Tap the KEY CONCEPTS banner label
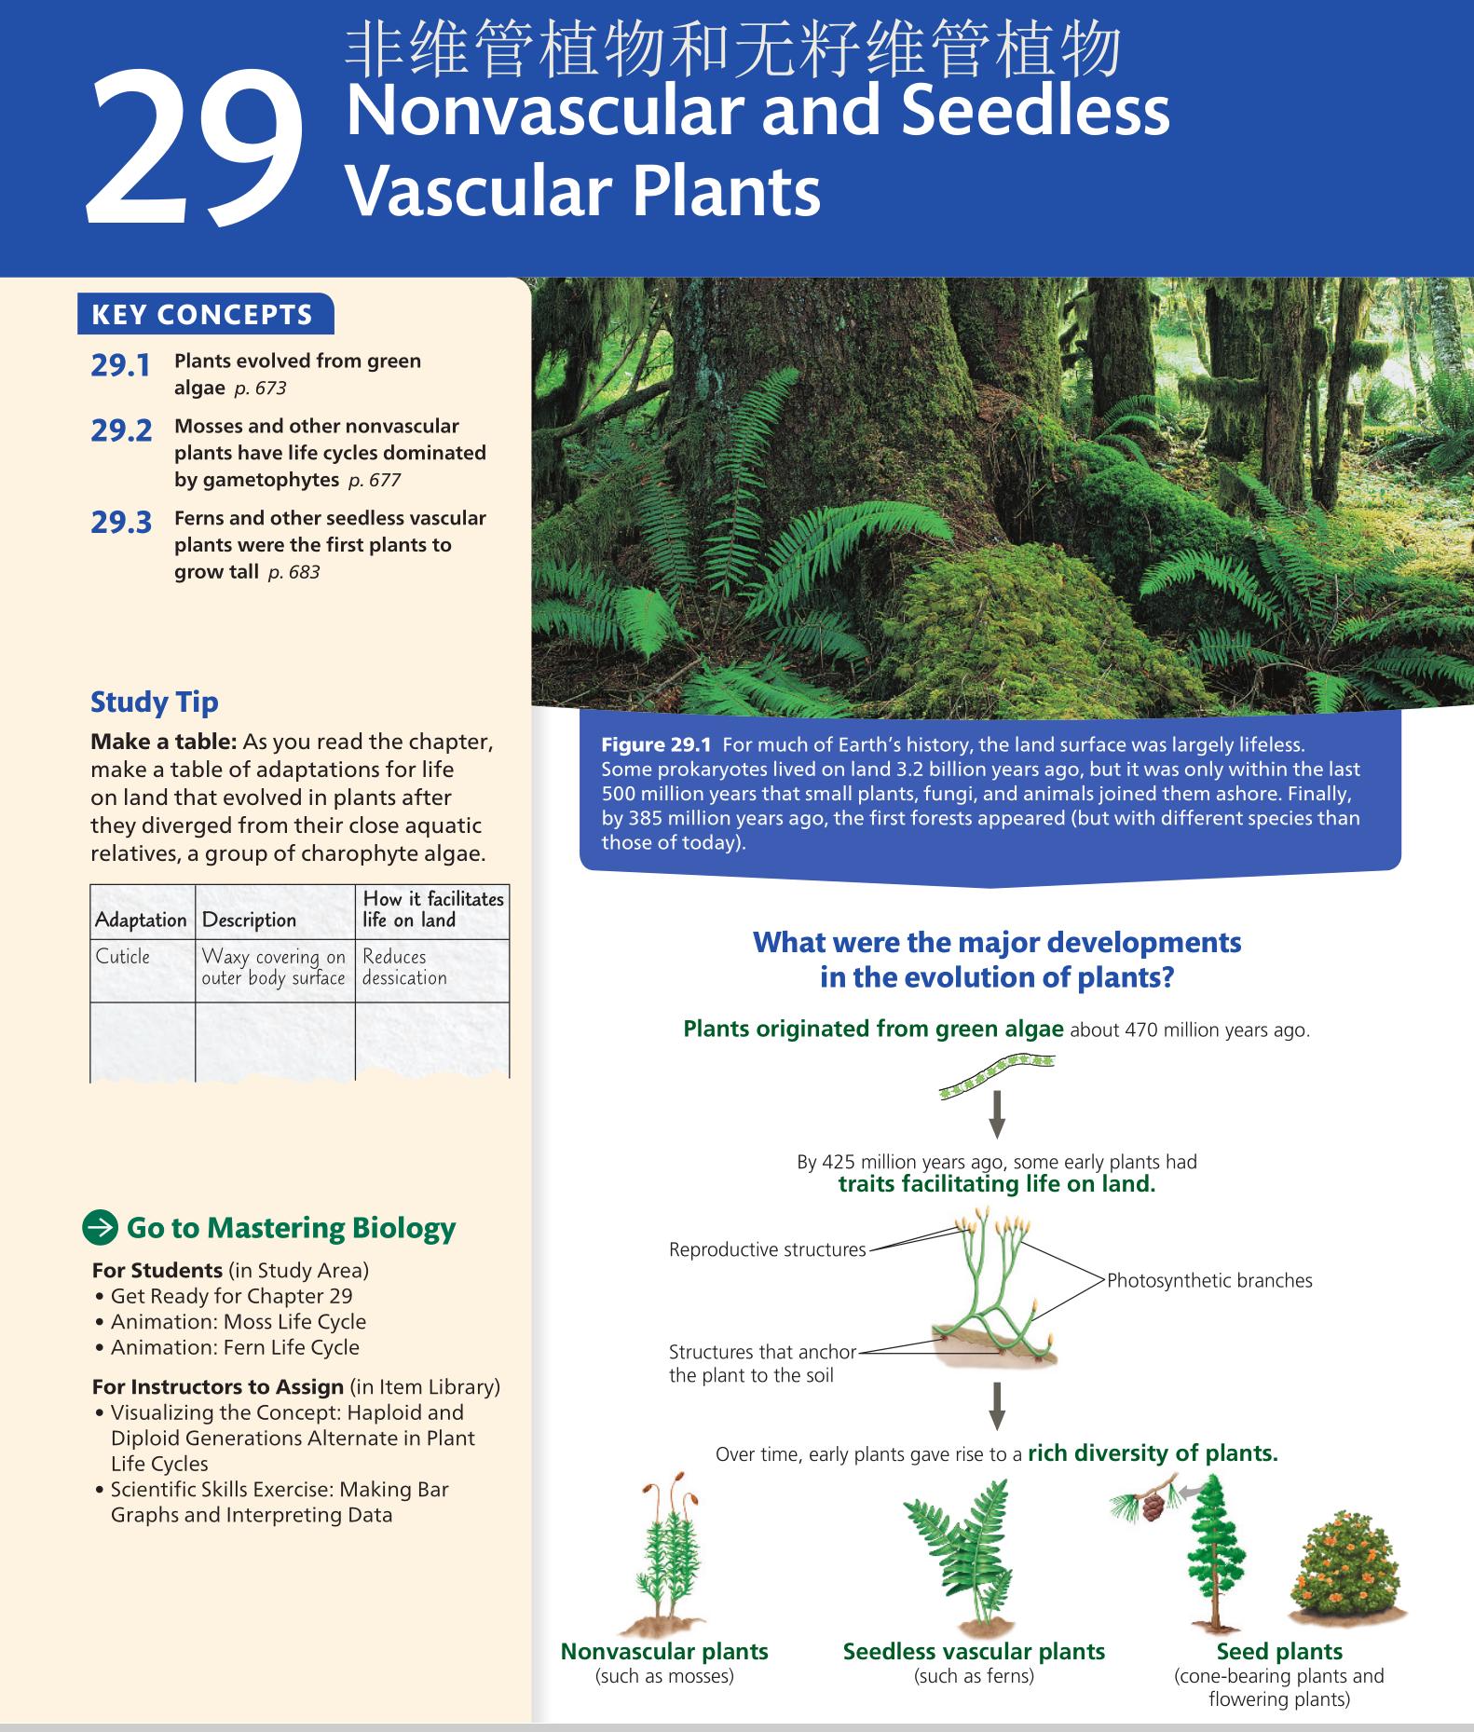pos(202,315)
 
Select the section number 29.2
pos(121,430)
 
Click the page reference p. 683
pos(293,572)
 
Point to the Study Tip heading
pos(154,702)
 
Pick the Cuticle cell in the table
pos(123,957)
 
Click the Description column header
pos(249,920)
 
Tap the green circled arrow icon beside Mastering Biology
pos(101,1228)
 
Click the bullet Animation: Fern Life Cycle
pos(234,1347)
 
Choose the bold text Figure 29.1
pos(656,744)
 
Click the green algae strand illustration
pos(996,1073)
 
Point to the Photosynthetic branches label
pos(1209,1280)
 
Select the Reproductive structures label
pos(767,1249)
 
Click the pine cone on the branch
pos(1153,1507)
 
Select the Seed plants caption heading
pos(1279,1651)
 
